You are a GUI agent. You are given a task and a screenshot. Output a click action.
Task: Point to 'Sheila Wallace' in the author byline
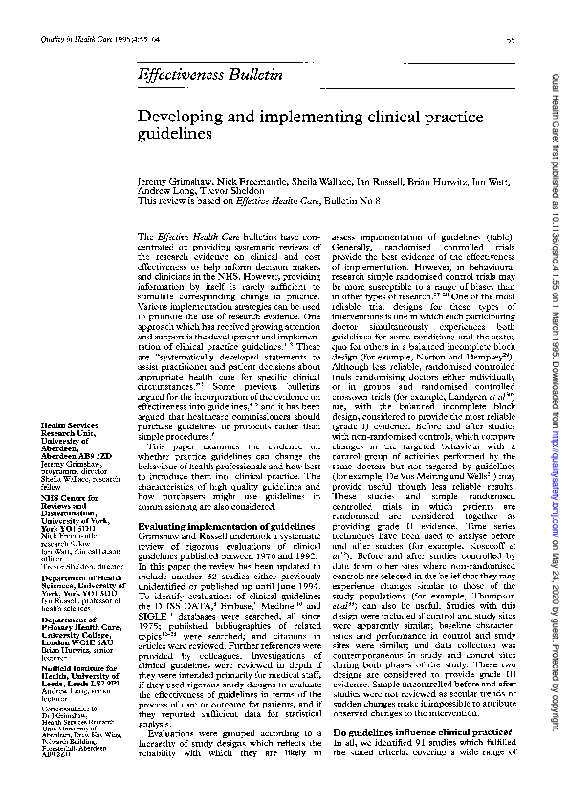(276, 179)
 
